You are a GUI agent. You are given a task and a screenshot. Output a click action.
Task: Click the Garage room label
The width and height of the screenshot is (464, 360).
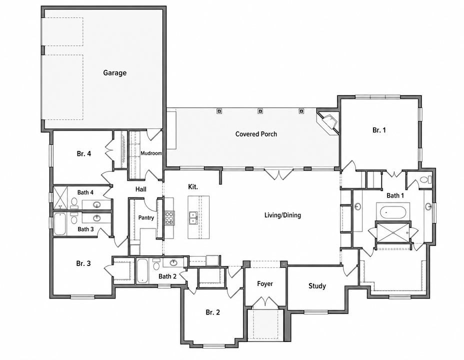pos(115,73)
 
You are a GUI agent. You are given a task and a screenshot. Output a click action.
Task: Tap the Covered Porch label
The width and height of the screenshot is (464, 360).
pos(256,134)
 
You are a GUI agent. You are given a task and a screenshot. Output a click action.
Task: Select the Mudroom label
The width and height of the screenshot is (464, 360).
pos(151,153)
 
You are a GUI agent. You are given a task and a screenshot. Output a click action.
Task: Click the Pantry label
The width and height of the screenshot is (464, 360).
pos(146,217)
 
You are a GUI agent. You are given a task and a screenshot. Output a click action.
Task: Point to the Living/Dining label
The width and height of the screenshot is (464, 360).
pos(282,215)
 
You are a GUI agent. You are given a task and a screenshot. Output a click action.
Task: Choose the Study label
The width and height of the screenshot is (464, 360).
pos(317,286)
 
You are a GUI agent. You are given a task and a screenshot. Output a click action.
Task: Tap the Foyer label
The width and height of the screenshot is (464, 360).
pos(265,283)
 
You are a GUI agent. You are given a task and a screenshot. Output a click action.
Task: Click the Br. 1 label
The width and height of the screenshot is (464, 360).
pos(379,130)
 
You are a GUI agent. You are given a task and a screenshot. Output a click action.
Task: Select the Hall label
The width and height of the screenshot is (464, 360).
pos(141,189)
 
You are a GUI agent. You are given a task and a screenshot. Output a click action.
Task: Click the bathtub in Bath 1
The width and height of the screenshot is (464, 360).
pos(392,212)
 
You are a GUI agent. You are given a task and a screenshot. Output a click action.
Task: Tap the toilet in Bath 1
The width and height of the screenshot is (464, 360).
pos(426,179)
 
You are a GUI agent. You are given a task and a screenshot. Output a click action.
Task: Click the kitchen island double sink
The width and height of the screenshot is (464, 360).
pos(193,217)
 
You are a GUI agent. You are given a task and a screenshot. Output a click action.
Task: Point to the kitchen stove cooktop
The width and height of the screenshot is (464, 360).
pos(169,217)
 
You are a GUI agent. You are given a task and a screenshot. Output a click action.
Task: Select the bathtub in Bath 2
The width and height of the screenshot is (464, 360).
pos(142,270)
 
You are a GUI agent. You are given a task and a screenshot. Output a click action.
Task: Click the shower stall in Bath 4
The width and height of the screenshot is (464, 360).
pos(60,197)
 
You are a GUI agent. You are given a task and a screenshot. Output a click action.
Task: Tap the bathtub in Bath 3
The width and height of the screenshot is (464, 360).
pos(60,224)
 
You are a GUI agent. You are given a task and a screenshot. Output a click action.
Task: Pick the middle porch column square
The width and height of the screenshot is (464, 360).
pos(260,111)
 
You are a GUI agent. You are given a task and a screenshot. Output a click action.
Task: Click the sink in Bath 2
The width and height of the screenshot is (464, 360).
pos(173,262)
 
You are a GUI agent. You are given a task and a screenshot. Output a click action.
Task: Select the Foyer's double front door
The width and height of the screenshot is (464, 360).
pos(265,301)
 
